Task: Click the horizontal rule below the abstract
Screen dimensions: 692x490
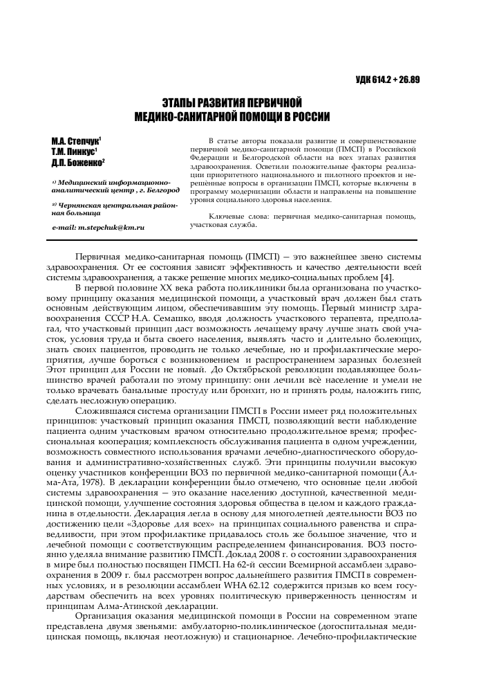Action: click(x=245, y=239)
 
